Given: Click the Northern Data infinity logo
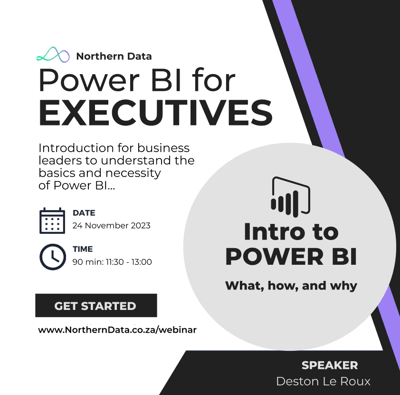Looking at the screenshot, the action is coord(53,55).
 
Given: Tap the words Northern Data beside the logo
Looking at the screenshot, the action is coord(114,57).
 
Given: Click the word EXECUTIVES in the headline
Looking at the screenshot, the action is coord(156,113).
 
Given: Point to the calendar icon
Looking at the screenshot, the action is coord(52,221).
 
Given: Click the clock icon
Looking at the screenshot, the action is coord(53,257).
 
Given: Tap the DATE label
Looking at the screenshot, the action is coord(84,213).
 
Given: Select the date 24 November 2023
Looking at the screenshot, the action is coord(112,226).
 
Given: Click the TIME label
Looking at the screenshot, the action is coord(83,249).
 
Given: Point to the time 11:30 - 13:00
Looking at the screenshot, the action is coord(129,262).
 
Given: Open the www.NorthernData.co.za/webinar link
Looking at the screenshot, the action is coord(117,330).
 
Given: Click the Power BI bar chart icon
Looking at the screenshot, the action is coord(291,197).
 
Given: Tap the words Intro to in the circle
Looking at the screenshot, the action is coord(291,232).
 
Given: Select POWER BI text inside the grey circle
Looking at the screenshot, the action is coord(291,257).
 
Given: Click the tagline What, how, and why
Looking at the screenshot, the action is coord(291,286).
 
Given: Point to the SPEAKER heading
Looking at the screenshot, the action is coord(330,366).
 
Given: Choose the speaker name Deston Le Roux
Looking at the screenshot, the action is coord(323,382).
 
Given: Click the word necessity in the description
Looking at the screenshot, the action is coord(133,173).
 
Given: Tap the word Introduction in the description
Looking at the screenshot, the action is coord(76,148).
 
